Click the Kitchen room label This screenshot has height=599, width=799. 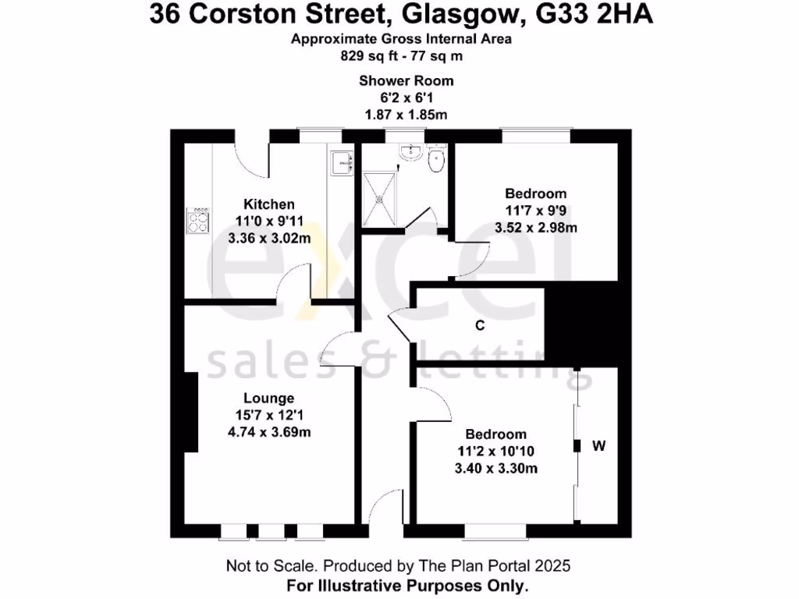[x=268, y=204]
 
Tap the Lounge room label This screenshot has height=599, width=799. [x=268, y=398]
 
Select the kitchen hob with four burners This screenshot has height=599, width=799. [x=197, y=222]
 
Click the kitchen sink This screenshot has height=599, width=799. [x=342, y=161]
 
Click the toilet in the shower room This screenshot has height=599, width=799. [x=437, y=160]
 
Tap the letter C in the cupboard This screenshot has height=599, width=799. [x=481, y=326]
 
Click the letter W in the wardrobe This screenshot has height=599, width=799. [x=599, y=446]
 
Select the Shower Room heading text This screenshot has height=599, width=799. [x=406, y=80]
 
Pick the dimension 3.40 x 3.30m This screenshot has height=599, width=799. [x=495, y=468]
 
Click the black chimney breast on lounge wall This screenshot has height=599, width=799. [x=189, y=413]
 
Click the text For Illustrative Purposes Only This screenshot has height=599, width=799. [x=407, y=584]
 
